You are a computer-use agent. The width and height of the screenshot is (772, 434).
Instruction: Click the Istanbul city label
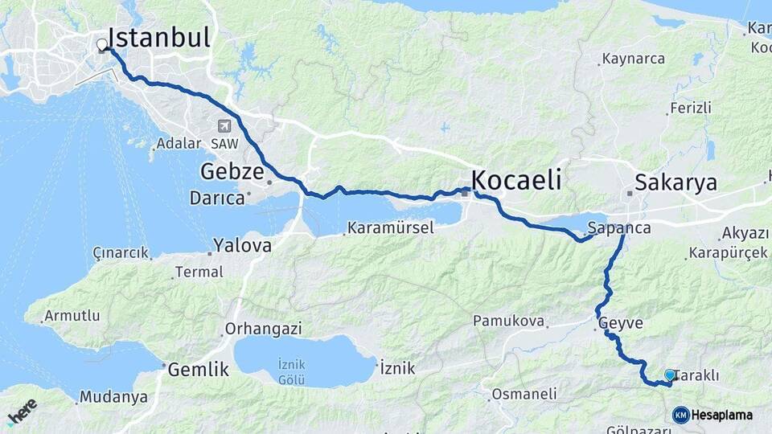pos(158,38)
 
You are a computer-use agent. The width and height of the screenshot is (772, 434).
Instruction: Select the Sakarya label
pos(675,182)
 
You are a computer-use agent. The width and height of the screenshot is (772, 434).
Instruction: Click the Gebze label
pos(232,172)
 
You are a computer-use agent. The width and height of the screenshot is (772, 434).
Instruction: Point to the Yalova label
pos(242,245)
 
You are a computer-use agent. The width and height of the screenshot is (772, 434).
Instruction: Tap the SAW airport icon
pos(223,126)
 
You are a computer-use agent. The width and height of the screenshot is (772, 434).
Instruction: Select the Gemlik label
pos(198,371)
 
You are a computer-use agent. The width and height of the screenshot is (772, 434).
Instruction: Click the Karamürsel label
pos(391,228)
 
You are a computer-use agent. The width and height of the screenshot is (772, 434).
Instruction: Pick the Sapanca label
pos(619,227)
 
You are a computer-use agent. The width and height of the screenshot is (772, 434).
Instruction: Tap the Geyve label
pos(621,323)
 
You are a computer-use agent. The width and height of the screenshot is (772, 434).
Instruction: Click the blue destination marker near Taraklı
pos(670,375)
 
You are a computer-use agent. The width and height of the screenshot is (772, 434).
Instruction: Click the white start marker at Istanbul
pos(101,45)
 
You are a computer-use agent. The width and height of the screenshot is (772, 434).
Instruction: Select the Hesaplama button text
pos(722,416)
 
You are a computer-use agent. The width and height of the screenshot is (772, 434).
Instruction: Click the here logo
pos(22,411)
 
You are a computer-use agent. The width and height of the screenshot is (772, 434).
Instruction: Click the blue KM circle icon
pos(680,415)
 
